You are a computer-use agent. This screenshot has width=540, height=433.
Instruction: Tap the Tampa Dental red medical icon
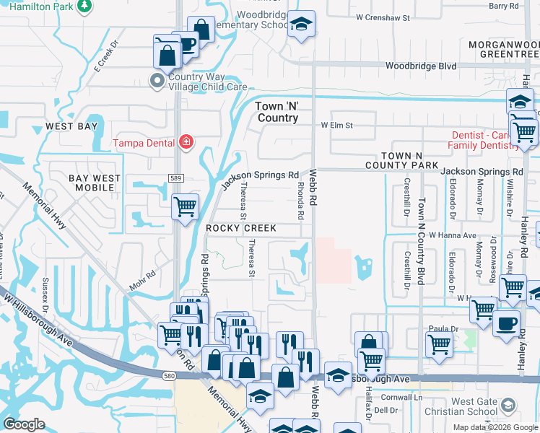[186, 141]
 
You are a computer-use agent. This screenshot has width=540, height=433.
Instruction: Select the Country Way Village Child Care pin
[157, 81]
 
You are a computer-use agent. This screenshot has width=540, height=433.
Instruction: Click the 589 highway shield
[175, 178]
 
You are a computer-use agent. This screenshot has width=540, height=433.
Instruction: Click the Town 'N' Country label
[277, 112]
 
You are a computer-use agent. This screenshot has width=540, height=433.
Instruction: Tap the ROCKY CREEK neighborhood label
[241, 228]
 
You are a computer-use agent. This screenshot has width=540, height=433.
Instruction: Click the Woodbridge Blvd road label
[420, 66]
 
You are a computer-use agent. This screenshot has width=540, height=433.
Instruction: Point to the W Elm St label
[336, 125]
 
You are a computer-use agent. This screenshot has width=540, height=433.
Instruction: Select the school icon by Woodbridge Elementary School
[300, 24]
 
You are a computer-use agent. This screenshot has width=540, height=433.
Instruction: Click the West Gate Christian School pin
[509, 405]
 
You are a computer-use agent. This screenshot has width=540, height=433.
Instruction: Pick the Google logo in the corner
[24, 424]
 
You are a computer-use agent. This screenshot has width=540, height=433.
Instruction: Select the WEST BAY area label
[71, 126]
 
